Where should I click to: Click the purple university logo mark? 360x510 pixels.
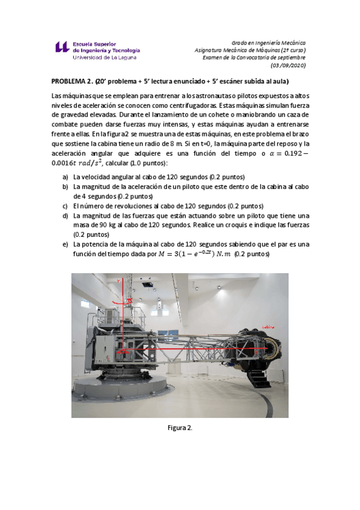coord(62,48)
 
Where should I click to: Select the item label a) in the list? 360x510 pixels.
coord(65,177)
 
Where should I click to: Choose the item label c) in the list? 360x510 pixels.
coord(65,205)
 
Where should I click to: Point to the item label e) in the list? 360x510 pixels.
coord(65,245)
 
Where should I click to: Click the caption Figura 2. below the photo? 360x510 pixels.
coord(180,428)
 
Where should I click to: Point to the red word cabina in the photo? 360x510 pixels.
coord(268,327)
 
